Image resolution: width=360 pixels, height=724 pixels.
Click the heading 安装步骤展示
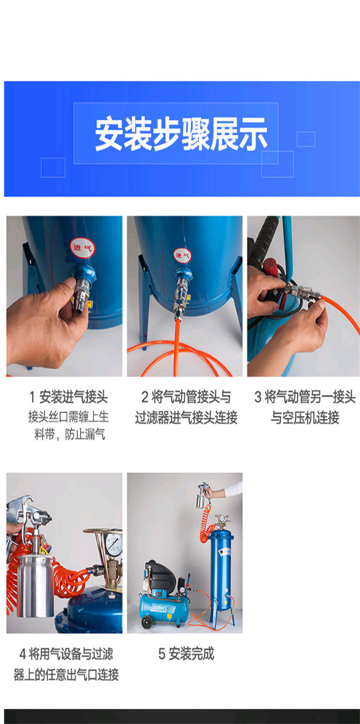tap(181, 134)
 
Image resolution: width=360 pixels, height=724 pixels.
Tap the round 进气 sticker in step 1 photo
tap(83, 248)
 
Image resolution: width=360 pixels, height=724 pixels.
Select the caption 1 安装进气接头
tap(69, 397)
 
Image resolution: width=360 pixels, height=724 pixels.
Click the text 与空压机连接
tap(305, 417)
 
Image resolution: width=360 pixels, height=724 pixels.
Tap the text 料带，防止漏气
tap(70, 434)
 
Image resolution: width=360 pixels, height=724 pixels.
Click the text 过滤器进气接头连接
tap(186, 417)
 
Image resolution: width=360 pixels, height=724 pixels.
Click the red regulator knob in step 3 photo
tap(269, 266)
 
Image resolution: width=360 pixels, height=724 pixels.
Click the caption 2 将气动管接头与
tap(186, 397)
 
